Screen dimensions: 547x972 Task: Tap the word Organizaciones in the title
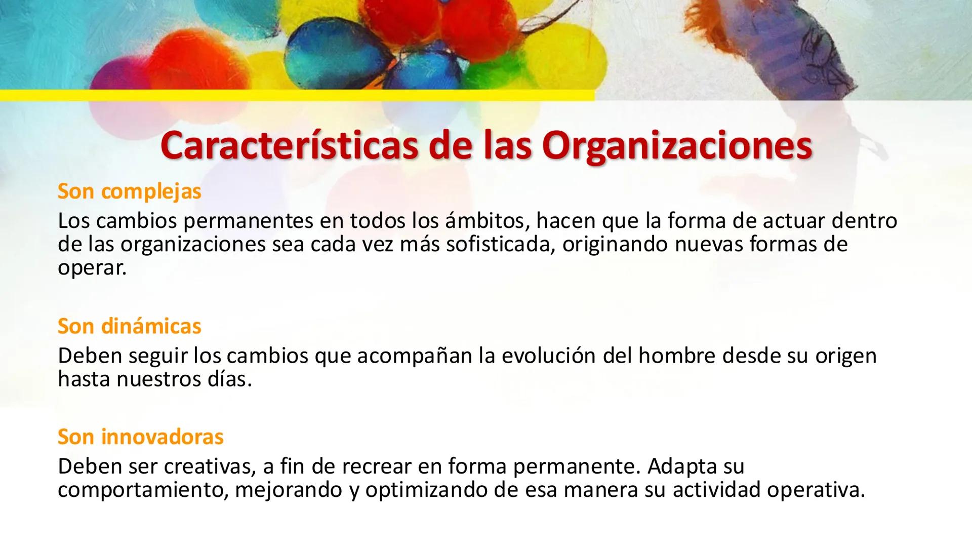click(677, 146)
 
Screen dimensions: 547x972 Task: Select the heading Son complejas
click(130, 191)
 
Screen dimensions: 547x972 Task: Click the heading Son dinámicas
click(130, 326)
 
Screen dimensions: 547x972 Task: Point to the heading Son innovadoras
click(141, 437)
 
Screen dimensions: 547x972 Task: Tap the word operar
click(92, 268)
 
